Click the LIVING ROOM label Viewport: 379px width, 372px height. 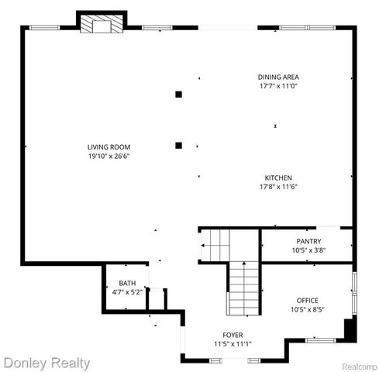pos(109,146)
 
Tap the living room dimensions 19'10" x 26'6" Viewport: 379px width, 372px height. pos(109,155)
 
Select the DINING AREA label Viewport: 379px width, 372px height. pos(278,77)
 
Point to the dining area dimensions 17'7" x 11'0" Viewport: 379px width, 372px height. pos(278,85)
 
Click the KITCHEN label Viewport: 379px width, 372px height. pos(278,177)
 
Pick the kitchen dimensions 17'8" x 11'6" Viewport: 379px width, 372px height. pos(278,186)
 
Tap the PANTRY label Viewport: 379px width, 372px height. pos(308,241)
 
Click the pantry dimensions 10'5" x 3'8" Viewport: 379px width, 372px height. pos(308,250)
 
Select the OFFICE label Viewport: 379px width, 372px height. pos(308,300)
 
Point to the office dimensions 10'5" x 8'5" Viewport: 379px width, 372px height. pos(308,308)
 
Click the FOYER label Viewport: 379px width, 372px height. pos(233,335)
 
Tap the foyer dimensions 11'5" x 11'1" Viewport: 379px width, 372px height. pos(233,343)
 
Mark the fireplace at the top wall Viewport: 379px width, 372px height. pos(102,24)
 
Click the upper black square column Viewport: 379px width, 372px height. pos(178,95)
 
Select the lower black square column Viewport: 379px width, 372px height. pos(178,144)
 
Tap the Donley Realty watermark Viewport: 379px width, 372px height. pos(47,362)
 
